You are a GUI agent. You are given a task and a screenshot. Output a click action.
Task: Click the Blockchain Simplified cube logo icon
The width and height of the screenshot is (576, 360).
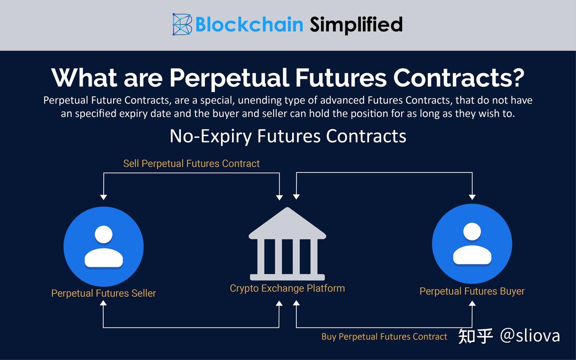tap(182, 24)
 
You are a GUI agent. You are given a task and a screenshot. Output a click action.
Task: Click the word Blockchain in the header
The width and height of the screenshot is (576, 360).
tap(249, 24)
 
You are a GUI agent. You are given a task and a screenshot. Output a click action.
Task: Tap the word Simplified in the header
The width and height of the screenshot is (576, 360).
tap(356, 24)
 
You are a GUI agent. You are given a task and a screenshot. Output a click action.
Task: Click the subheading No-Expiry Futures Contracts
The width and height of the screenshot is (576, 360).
tap(288, 136)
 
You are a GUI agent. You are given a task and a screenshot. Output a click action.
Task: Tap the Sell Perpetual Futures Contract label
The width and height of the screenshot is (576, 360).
tap(191, 164)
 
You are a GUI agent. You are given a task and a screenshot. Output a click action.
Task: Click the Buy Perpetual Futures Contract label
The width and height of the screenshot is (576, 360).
tap(384, 337)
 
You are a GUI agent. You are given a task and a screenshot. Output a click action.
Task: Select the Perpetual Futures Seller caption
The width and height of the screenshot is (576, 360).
tap(103, 293)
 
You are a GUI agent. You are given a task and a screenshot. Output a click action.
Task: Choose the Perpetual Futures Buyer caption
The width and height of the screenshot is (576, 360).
tap(472, 291)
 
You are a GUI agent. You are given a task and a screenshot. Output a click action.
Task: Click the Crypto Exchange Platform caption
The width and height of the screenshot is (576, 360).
tap(287, 288)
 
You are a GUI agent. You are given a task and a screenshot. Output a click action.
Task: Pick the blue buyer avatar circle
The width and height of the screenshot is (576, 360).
tap(472, 244)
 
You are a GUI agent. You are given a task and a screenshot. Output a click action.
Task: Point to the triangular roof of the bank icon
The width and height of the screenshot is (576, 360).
tap(287, 224)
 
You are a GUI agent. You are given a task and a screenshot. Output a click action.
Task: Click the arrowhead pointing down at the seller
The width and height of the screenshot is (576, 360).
tap(104, 197)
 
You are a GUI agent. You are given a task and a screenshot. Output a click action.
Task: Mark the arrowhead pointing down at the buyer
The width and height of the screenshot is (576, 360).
tap(472, 197)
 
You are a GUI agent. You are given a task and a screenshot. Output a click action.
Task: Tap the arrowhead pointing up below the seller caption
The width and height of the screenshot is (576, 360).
tap(103, 303)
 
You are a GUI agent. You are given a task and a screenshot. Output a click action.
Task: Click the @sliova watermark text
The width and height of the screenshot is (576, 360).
tap(530, 335)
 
